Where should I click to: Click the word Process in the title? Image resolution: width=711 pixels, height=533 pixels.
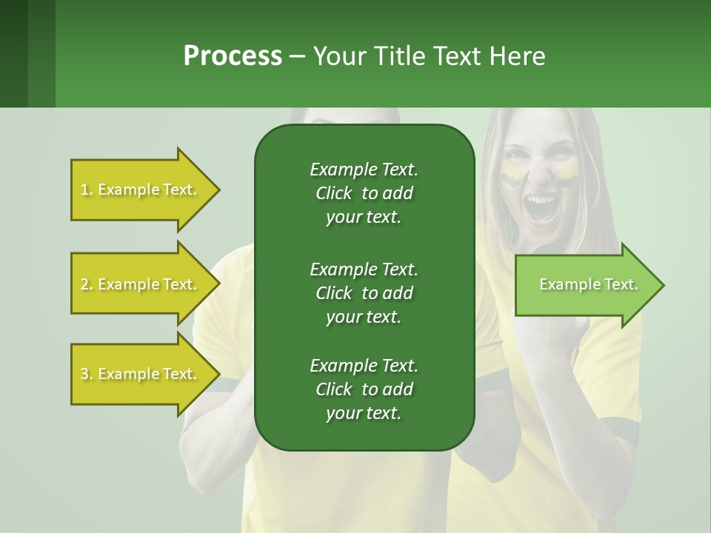(233, 56)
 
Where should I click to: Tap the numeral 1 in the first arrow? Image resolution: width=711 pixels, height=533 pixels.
(84, 190)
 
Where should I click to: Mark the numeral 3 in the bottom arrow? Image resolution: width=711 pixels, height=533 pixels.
(84, 375)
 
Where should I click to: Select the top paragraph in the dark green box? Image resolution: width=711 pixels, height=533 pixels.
(364, 193)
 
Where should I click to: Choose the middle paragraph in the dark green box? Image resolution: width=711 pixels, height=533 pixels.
(364, 293)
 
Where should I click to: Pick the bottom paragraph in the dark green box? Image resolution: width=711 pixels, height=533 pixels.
(364, 389)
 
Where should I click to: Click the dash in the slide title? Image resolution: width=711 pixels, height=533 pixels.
(297, 57)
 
